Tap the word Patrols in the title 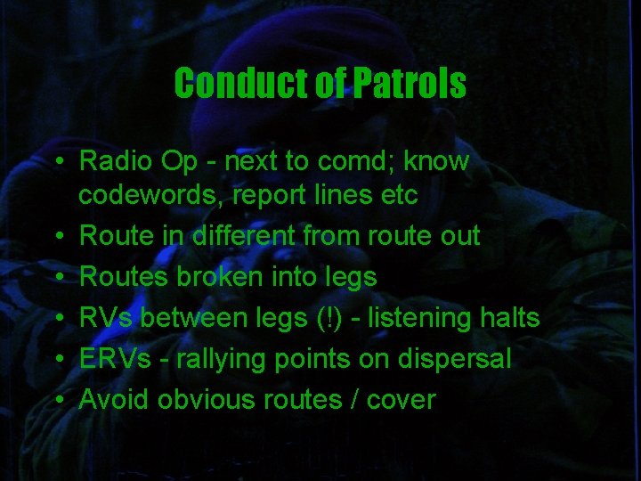(410, 84)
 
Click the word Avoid (114, 400)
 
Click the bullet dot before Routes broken (56, 278)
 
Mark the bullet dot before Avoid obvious (56, 401)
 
